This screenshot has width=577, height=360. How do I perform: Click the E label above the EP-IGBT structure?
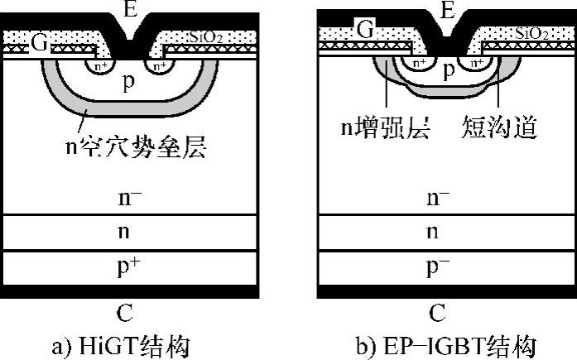(x=448, y=10)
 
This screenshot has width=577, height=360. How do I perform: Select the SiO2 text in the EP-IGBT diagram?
(x=527, y=33)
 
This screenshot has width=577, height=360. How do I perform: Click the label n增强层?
(x=386, y=128)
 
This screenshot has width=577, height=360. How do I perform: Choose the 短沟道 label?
(x=501, y=128)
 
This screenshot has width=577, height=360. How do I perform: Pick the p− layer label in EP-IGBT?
(x=439, y=267)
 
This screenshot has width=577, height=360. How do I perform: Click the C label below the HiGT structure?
(x=125, y=312)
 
